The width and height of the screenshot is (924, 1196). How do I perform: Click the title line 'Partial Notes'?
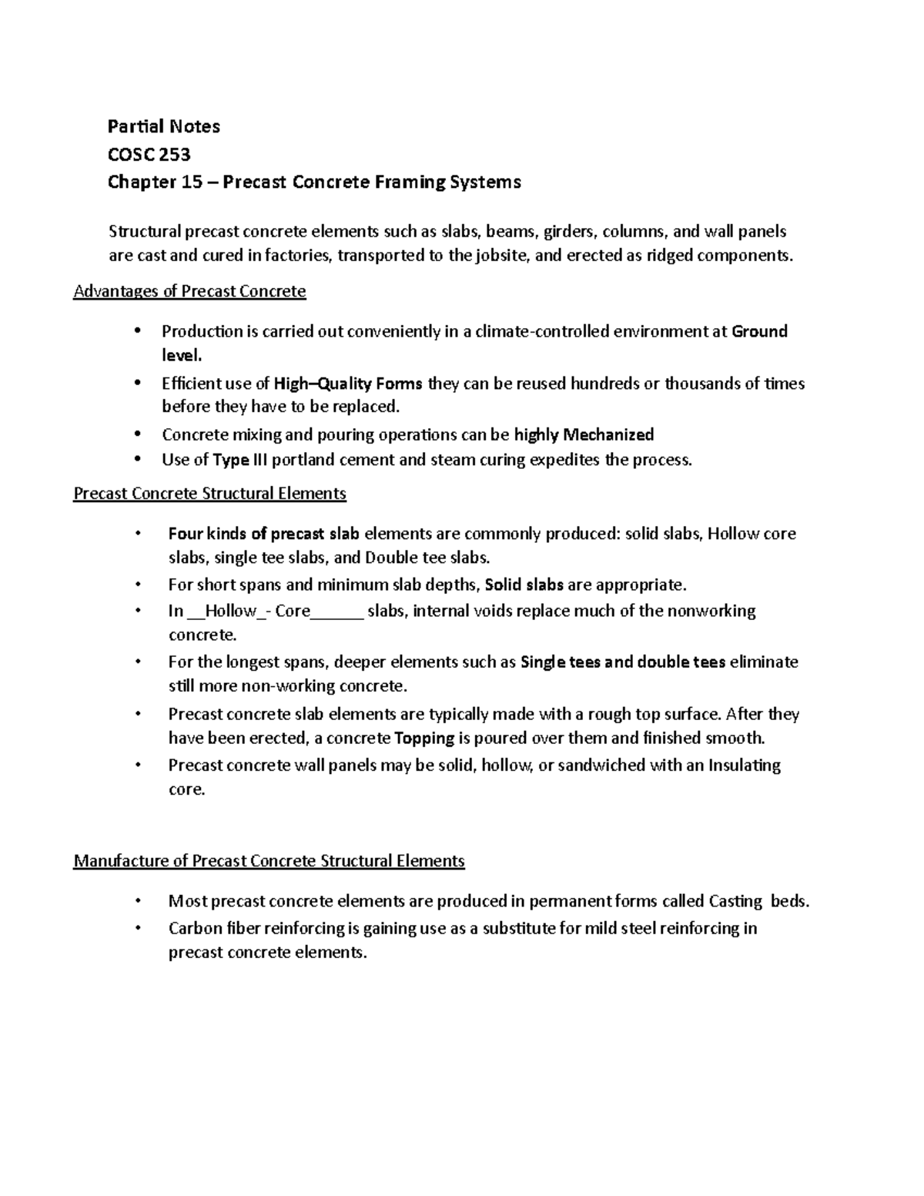pos(163,126)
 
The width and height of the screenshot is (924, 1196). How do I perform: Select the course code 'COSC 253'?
pos(149,155)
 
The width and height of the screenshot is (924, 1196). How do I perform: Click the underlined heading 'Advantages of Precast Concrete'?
pos(189,292)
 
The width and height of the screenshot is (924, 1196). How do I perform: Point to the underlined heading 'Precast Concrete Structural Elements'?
pos(209,494)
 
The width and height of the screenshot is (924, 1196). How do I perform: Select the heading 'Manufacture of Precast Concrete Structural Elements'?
pos(269,861)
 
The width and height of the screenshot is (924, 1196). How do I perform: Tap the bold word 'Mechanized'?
pos(608,435)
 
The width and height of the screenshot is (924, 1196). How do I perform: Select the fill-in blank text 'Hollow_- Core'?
pos(258,611)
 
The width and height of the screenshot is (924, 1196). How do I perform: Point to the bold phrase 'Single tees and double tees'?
pos(623,662)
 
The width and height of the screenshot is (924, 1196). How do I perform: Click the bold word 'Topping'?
pos(424,739)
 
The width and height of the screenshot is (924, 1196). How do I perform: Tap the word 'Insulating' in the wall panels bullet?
pos(744,766)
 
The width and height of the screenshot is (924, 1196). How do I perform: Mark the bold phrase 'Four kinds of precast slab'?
pos(263,534)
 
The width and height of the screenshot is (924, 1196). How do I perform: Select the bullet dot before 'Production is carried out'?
pos(138,331)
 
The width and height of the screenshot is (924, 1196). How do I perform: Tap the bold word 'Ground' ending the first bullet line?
pos(759,332)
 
